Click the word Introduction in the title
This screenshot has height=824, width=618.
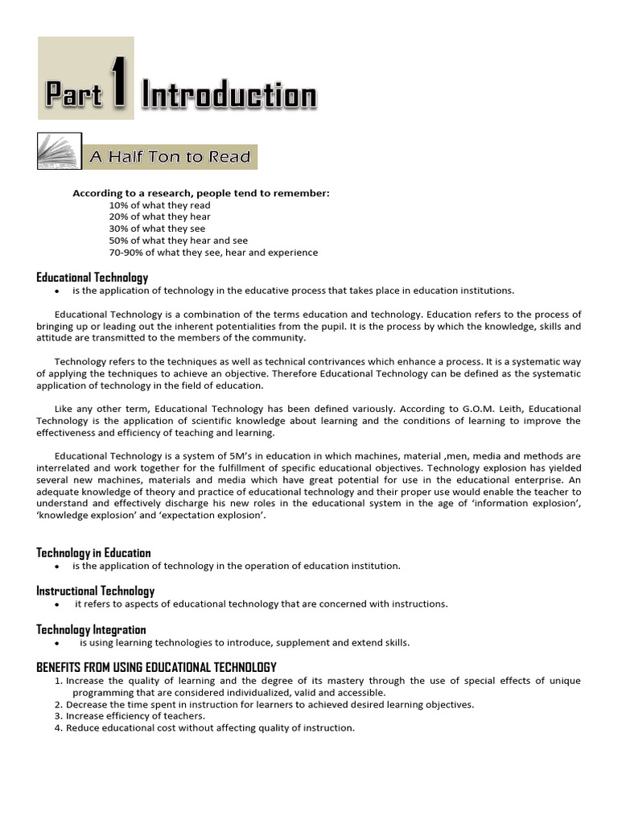tap(229, 96)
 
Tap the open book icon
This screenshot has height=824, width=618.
tap(58, 152)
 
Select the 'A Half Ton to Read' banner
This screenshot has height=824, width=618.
tap(170, 157)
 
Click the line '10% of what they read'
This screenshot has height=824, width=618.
tap(159, 205)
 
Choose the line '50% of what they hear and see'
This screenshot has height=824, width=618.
tap(178, 241)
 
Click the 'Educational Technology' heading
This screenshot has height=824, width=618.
tap(92, 278)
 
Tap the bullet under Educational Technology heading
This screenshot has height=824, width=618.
tap(57, 291)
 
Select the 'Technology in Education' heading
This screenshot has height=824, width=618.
tap(93, 553)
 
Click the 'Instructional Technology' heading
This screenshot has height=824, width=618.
tap(95, 591)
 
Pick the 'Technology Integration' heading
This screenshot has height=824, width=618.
tap(91, 630)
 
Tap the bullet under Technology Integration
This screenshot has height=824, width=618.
tap(57, 644)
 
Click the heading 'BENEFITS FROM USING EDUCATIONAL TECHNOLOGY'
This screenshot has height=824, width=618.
tap(156, 668)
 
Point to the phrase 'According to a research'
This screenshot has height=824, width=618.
tap(127, 193)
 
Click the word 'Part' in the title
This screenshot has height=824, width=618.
tap(73, 96)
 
